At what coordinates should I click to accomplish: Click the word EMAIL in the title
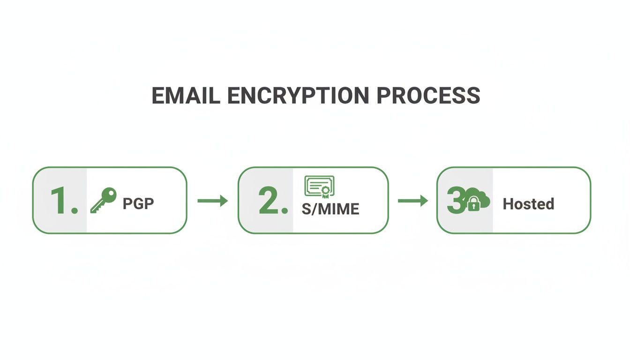(186, 96)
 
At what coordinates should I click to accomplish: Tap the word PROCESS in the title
(428, 96)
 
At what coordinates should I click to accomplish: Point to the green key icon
(104, 201)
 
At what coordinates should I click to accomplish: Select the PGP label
(138, 204)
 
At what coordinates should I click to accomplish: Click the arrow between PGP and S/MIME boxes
(212, 201)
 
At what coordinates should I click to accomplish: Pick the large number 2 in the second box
(269, 202)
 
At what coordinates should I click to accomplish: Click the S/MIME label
(330, 209)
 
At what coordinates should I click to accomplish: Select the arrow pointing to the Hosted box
(412, 201)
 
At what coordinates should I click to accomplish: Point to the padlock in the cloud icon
(474, 205)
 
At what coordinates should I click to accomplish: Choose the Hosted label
(528, 204)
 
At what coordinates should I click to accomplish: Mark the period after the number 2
(284, 211)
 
